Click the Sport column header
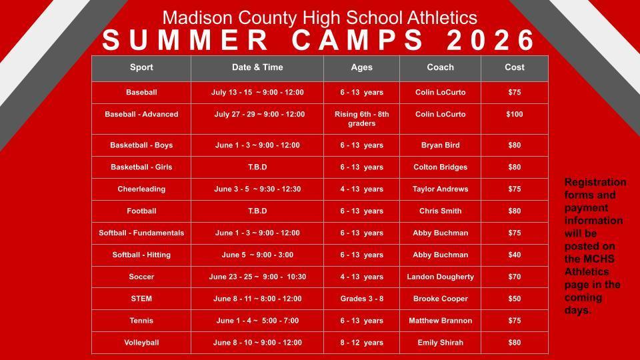tap(141, 67)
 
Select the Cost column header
tap(514, 67)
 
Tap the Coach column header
tap(440, 67)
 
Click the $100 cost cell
tap(514, 115)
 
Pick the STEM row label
tap(141, 299)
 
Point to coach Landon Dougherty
tap(440, 277)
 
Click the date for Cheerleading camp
tap(257, 189)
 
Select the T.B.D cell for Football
tap(257, 211)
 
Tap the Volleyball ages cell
tap(361, 343)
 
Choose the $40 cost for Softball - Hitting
tap(514, 255)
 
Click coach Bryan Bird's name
tap(440, 145)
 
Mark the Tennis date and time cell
tap(257, 321)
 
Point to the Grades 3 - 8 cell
tap(361, 299)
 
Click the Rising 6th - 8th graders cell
tap(361, 119)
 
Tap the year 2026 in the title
tap(491, 41)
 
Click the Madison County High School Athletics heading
tap(320, 17)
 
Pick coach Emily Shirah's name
tap(440, 343)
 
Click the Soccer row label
tap(141, 277)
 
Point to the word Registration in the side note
tap(595, 183)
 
